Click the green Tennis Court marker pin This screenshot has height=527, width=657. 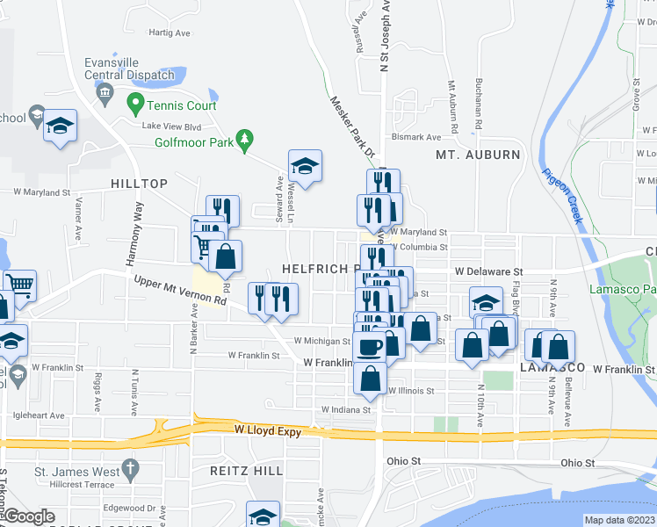coord(135,105)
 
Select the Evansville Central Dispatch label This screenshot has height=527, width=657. coord(129,69)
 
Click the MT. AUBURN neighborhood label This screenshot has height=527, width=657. coord(478,155)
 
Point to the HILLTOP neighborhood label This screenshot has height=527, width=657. coord(140,183)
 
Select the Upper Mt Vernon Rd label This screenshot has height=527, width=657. coord(180,292)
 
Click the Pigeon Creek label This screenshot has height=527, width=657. coord(561,196)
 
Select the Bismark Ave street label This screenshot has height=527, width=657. coord(415,137)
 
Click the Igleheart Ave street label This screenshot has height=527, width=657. coord(40,415)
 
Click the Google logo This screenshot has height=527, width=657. coord(28,517)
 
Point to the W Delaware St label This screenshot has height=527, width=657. coord(487,272)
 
